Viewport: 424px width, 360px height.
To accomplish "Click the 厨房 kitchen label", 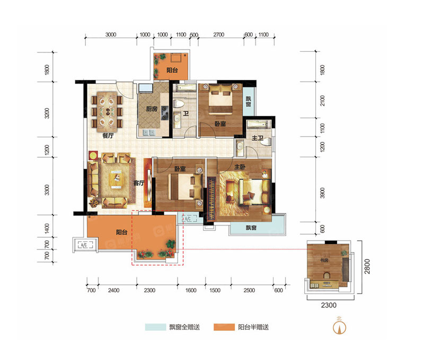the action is (x=152, y=109).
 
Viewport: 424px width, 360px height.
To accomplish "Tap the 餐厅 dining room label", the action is (x=108, y=136).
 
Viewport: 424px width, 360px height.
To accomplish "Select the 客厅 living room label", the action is (x=139, y=183).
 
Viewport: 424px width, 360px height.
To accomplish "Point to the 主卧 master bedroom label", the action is (x=240, y=167).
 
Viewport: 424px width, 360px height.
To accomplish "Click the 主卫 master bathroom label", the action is (x=258, y=138).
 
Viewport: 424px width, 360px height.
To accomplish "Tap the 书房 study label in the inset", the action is (x=324, y=260).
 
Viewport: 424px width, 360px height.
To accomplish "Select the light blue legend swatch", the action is (x=155, y=327).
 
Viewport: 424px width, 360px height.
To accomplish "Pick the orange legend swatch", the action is (x=224, y=327).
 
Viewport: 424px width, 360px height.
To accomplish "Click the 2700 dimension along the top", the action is (x=218, y=34).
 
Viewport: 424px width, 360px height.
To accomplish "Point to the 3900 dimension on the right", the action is (x=322, y=193).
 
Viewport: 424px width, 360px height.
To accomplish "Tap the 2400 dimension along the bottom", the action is (x=113, y=290).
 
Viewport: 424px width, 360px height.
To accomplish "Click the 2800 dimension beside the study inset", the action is (x=367, y=266).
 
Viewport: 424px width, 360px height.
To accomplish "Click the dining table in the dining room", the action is (x=107, y=112).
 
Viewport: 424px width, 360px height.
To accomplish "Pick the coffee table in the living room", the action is (x=116, y=178).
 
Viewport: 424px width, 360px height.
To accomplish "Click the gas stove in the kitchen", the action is (x=164, y=113).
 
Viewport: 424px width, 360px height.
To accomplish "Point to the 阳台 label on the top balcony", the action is (x=172, y=70).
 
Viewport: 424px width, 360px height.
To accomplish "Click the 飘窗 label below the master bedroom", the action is (x=251, y=228).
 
